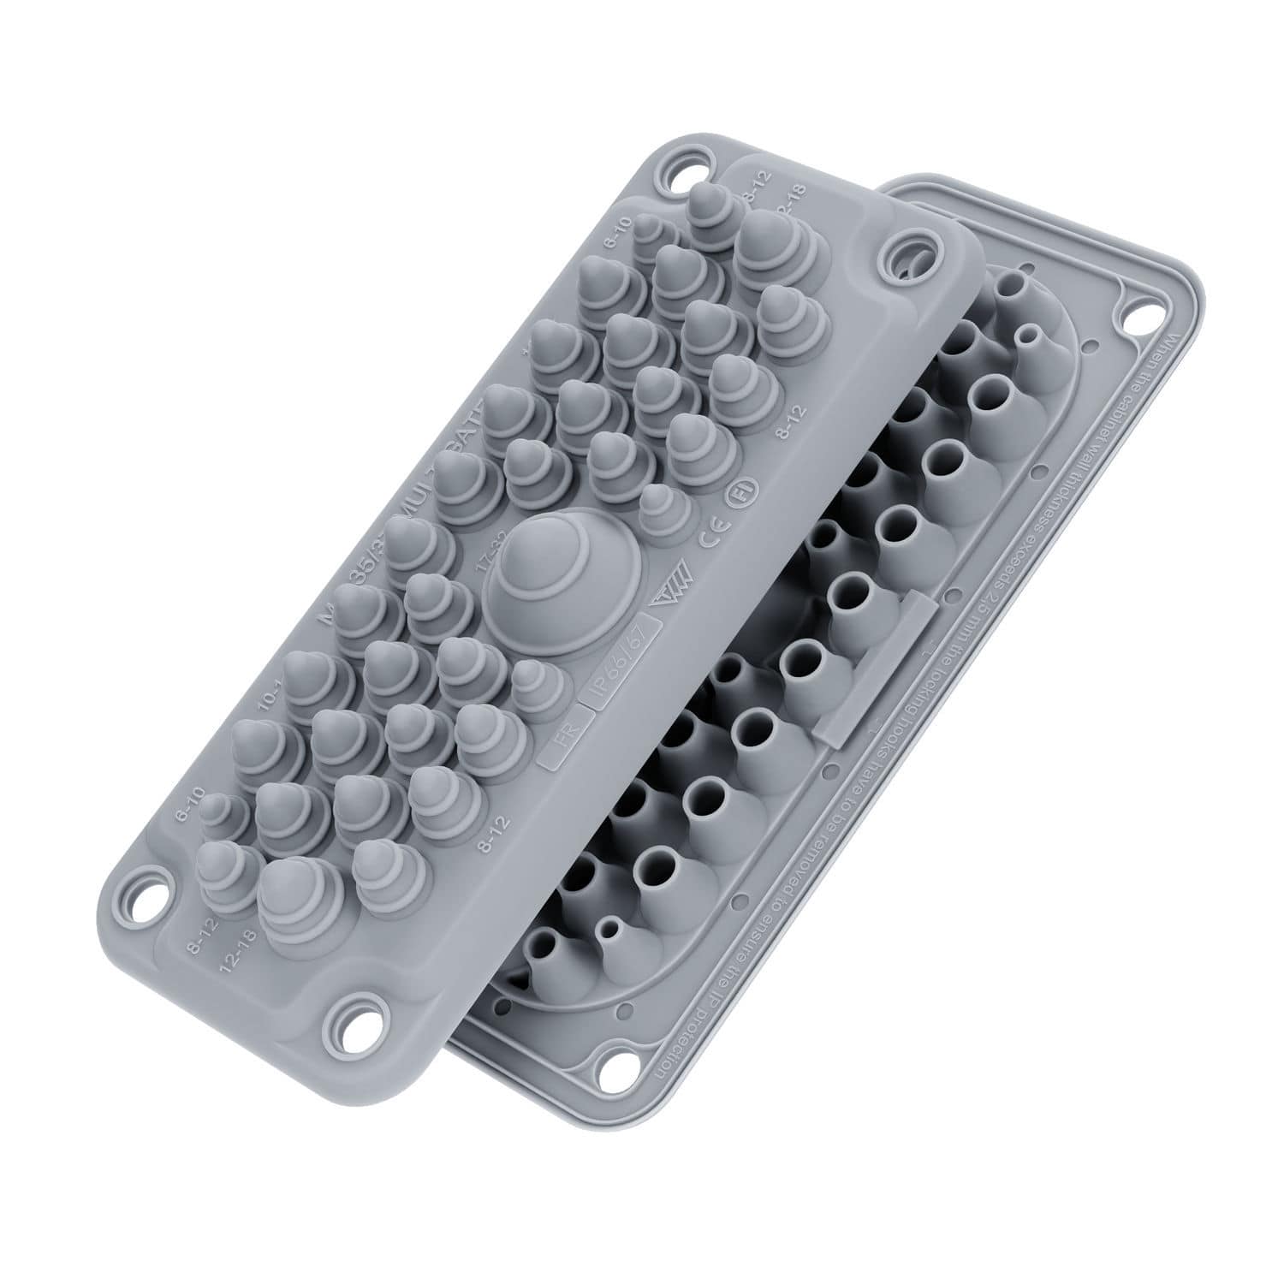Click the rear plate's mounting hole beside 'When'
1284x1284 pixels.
(x=1138, y=322)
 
